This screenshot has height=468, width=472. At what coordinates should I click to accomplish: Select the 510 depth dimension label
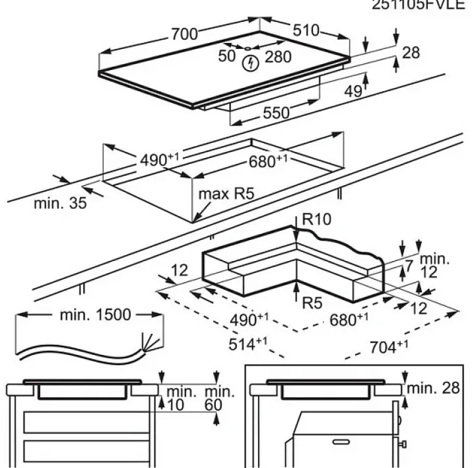[306, 30]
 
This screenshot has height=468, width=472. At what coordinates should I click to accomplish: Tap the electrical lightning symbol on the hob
[250, 63]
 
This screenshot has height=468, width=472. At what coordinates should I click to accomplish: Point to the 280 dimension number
[278, 57]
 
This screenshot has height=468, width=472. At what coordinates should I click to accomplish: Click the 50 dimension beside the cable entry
[227, 56]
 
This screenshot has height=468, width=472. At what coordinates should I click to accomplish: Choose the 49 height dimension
[354, 91]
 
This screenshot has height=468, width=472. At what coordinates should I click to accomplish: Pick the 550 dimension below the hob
[276, 113]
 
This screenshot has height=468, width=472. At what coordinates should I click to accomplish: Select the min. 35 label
[60, 203]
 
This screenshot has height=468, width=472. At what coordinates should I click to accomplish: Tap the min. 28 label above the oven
[433, 387]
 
